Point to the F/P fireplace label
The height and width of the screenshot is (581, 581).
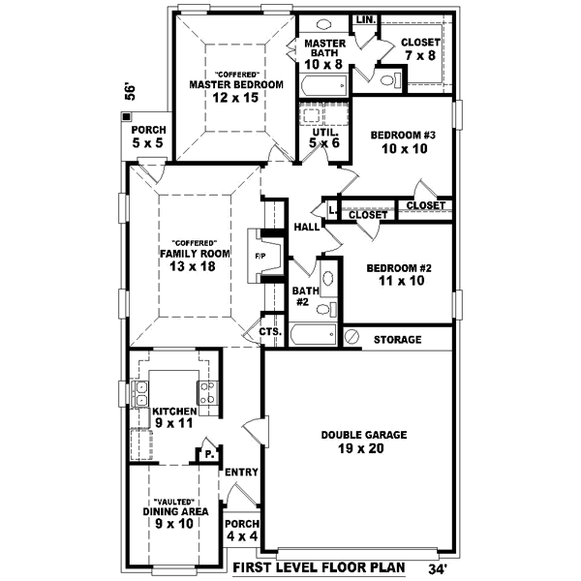pyautogui.click(x=260, y=257)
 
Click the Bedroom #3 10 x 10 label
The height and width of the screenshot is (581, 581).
pyautogui.click(x=405, y=142)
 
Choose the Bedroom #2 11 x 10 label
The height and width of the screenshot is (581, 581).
pyautogui.click(x=396, y=274)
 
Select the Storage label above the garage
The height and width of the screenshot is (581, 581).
pyautogui.click(x=397, y=340)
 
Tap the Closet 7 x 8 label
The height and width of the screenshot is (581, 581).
pyautogui.click(x=419, y=48)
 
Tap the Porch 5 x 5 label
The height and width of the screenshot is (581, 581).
pyautogui.click(x=148, y=137)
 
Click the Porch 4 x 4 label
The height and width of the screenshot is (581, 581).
pyautogui.click(x=242, y=530)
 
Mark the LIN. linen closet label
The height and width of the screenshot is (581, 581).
pyautogui.click(x=366, y=19)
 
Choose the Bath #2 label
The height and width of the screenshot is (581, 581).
pyautogui.click(x=303, y=296)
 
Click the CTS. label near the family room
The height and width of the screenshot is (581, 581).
pyautogui.click(x=270, y=332)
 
